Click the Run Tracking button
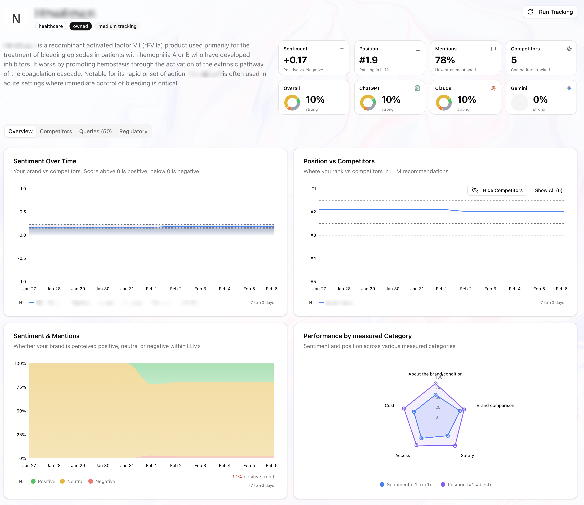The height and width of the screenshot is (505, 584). coord(550,12)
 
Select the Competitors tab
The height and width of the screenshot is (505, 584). coord(56,131)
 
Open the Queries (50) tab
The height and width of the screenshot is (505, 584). coord(95,131)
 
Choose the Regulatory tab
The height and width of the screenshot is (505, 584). coord(133,131)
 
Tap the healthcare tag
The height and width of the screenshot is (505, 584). coord(51,26)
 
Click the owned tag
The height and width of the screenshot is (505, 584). coord(81,26)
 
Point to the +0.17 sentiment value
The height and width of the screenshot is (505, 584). coord(295,60)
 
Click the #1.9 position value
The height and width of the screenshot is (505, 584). coord(368,60)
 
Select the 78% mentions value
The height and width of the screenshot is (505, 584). coord(445,60)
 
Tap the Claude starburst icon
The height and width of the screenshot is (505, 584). coord(493,88)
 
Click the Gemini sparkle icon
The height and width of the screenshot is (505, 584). coord(569,88)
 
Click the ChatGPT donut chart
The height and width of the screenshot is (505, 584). coord(368,102)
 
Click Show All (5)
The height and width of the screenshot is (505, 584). coord(548,190)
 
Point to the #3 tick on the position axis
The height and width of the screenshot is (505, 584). coord(313,235)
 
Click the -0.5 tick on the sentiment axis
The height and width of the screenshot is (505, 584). coord(22,258)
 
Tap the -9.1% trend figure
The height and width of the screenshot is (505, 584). coord(235,477)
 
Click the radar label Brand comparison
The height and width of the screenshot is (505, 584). coord(495,405)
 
